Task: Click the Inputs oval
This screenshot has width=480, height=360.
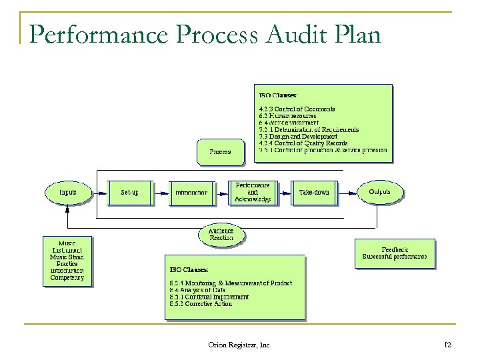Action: pos(67,192)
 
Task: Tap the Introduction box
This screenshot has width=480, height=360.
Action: pos(191,193)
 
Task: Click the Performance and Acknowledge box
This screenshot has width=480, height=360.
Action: pos(253,192)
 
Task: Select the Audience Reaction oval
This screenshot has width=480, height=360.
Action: pos(221,234)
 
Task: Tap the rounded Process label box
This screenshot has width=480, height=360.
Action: pos(220,152)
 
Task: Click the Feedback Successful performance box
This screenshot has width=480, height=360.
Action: pos(394,253)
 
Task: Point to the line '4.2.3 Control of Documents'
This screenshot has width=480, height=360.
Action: pos(297,109)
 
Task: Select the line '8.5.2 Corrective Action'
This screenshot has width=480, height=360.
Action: pos(200,304)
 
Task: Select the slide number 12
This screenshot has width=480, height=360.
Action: pos(447,344)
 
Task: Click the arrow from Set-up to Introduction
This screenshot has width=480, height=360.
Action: pos(160,193)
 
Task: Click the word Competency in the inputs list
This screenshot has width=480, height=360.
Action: pos(67,277)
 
